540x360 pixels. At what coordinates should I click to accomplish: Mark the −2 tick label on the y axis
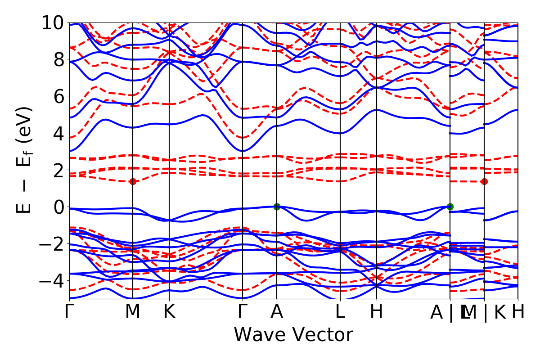pyautogui.click(x=50, y=244)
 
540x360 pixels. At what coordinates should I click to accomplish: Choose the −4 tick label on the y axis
pyautogui.click(x=50, y=281)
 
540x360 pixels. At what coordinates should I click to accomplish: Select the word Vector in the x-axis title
pyautogui.click(x=322, y=335)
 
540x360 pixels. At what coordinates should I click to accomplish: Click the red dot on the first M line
pyautogui.click(x=133, y=181)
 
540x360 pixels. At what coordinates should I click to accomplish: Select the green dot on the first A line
pyautogui.click(x=277, y=207)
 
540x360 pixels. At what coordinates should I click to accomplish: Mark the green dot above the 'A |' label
pyautogui.click(x=450, y=207)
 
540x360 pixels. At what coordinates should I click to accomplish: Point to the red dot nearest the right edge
pyautogui.click(x=484, y=181)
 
